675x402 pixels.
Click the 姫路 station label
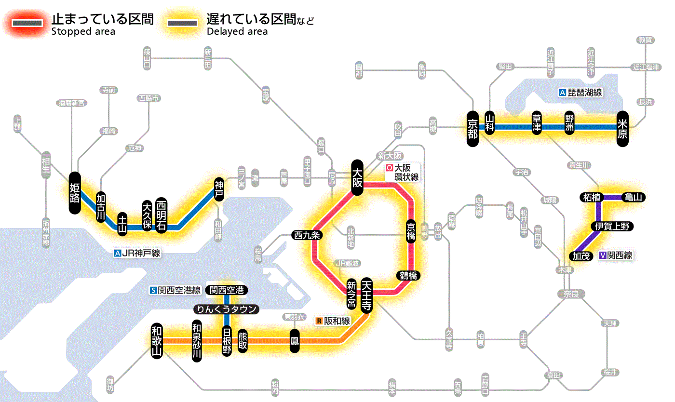coord(75,193)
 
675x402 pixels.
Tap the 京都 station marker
coord(472,127)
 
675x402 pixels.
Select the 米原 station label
coord(622,127)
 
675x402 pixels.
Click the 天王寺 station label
coord(366,295)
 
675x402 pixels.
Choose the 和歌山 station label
coord(157,340)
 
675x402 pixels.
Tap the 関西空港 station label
coord(227,290)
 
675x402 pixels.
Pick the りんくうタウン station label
coord(226,309)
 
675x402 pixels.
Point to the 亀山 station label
coord(634,197)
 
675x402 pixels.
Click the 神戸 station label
coord(219,189)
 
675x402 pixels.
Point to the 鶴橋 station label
coord(408,276)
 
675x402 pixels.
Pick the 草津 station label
coord(537,123)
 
